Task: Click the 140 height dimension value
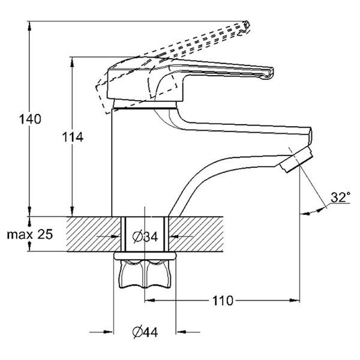29,119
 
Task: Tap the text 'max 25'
29,234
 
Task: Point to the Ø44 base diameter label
143,332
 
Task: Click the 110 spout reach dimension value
222,300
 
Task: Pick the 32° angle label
340,197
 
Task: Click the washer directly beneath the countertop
146,256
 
